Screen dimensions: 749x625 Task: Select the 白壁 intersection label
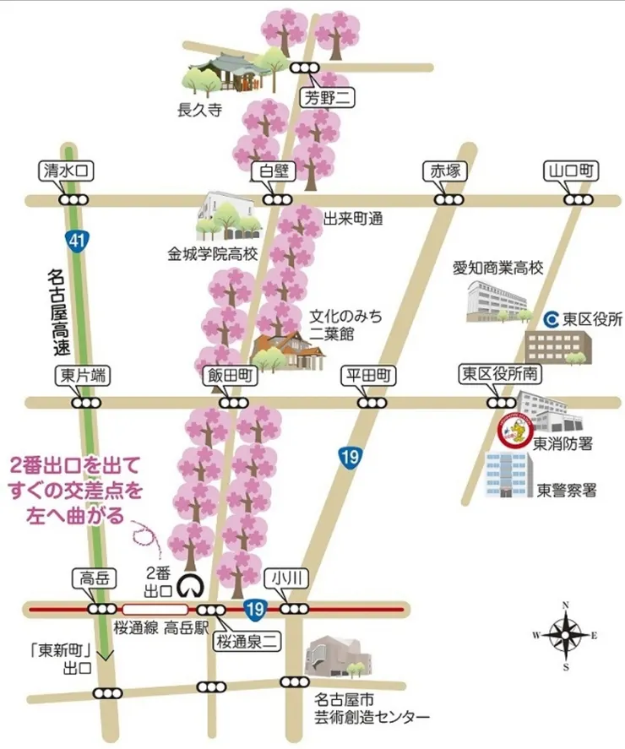(274, 171)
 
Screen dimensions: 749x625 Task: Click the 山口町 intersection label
(573, 171)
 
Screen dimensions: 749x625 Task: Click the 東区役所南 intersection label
(501, 375)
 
